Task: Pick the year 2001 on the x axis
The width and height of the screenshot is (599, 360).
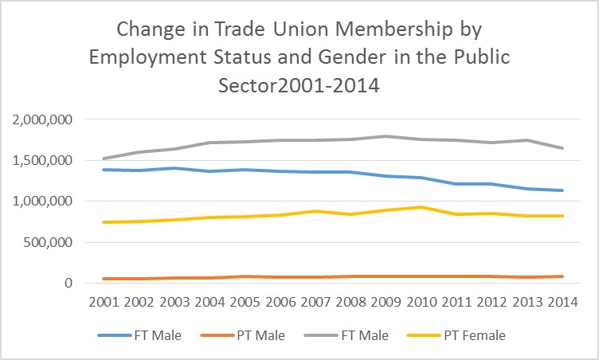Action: (x=104, y=303)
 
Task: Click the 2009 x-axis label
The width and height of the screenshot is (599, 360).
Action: (x=388, y=303)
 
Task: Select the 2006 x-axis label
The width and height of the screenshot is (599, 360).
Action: (x=281, y=303)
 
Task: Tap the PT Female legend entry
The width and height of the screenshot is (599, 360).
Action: (x=463, y=335)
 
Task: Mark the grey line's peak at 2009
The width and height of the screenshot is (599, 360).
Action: (x=388, y=136)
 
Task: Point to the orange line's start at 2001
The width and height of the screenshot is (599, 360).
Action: (x=104, y=279)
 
